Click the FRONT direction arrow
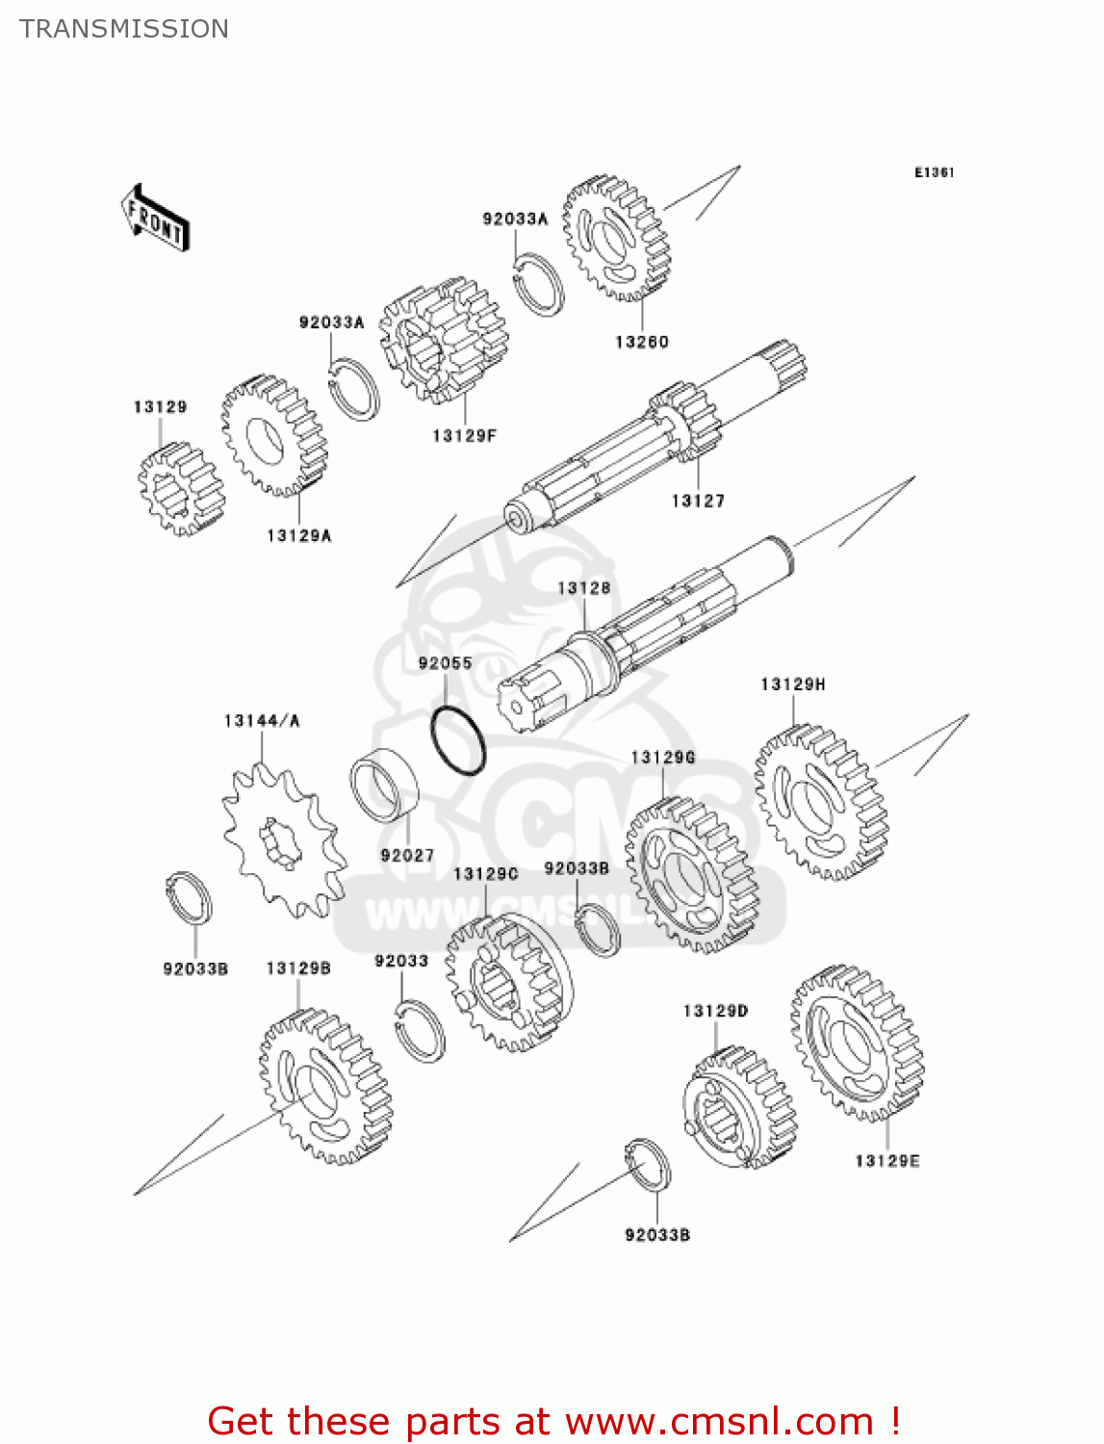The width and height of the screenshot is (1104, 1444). (155, 218)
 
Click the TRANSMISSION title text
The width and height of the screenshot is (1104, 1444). (124, 29)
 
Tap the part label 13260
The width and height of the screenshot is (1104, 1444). (641, 342)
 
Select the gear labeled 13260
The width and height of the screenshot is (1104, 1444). (615, 238)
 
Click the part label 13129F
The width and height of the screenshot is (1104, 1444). (464, 436)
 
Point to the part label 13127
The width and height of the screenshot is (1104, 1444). (698, 501)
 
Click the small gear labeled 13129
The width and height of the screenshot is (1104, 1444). (179, 489)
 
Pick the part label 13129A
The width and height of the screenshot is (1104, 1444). (299, 535)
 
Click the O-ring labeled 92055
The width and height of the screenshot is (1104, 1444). (457, 741)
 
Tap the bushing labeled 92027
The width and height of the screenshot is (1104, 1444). (384, 786)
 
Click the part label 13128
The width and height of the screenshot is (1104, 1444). (583, 587)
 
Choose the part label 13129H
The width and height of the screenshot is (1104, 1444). (792, 684)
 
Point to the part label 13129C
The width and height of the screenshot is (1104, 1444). (485, 874)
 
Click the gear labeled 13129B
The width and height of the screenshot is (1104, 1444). (325, 1088)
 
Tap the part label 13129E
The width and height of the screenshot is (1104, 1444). (886, 1161)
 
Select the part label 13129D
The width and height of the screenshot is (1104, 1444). (715, 1011)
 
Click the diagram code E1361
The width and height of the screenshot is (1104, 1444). (934, 172)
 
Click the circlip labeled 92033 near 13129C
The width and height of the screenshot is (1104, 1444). (421, 1030)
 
